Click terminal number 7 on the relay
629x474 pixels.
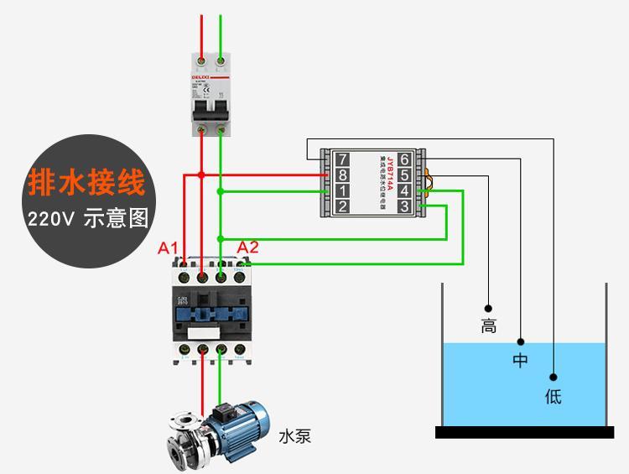(342, 159)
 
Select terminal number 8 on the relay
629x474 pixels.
(342, 175)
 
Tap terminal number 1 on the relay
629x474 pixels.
(342, 191)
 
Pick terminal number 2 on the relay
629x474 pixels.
(342, 206)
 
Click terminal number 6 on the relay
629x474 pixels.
(405, 159)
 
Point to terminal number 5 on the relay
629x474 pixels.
(405, 175)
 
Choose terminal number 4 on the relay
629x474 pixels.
(405, 191)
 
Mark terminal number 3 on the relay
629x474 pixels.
(405, 206)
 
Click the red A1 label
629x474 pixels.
(169, 247)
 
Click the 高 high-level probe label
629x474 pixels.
(489, 326)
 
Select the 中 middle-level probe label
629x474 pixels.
(521, 361)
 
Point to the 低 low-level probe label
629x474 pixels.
(553, 396)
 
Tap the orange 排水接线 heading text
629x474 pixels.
(87, 182)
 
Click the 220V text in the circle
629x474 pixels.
(53, 220)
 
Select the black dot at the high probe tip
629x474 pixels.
(488, 307)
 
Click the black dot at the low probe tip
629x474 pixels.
(554, 377)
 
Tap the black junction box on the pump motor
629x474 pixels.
(226, 413)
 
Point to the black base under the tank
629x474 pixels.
(524, 432)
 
